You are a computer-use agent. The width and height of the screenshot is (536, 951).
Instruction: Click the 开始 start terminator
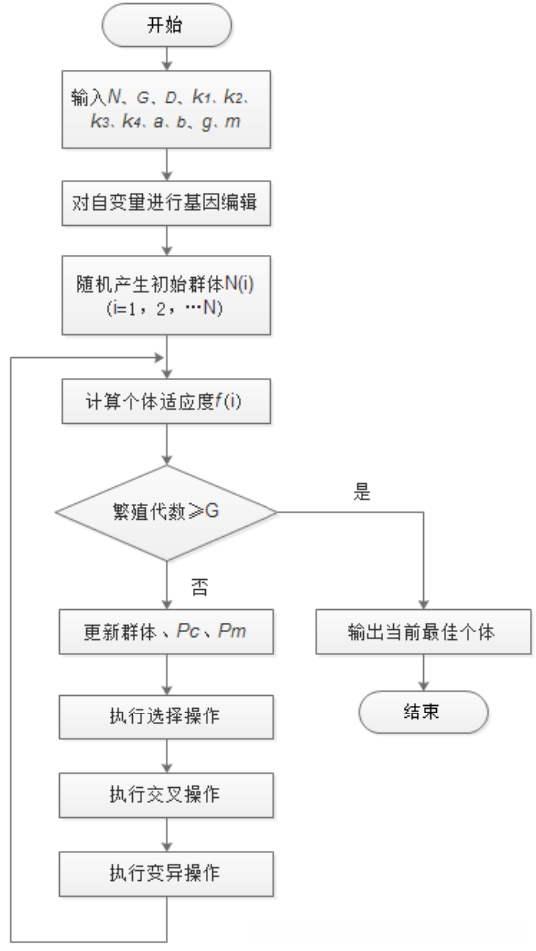point(167,25)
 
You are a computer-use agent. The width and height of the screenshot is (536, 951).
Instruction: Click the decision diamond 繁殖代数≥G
point(167,514)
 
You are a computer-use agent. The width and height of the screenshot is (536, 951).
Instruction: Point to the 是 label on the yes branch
point(362,493)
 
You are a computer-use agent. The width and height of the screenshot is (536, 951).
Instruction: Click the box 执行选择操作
point(167,717)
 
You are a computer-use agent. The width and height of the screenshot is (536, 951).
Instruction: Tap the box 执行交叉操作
point(167,795)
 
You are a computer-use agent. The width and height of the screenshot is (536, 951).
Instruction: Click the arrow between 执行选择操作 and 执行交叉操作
point(167,756)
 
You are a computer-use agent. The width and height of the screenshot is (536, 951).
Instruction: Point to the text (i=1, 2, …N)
point(167,309)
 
